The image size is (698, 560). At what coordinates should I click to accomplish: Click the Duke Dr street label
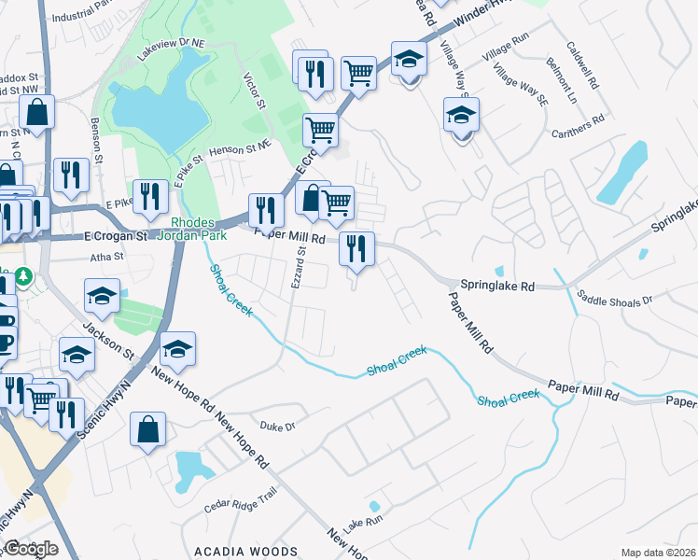[277, 426]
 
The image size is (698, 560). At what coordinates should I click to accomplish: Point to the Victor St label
[253, 91]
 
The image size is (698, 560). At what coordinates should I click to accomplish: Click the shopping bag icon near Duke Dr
[148, 430]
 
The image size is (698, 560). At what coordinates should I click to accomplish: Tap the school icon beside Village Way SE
[460, 116]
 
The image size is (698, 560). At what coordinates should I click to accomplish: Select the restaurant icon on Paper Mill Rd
[356, 248]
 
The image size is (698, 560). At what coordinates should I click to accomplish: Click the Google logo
[32, 549]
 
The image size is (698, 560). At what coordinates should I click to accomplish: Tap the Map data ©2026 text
[657, 553]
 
